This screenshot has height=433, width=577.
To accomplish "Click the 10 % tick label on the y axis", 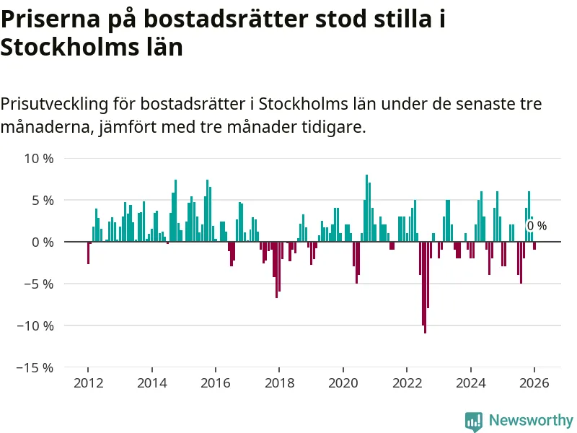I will pos(39,158).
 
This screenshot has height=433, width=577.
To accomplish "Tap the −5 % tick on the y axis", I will pos(39,284).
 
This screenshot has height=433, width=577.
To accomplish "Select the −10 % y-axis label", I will pos(35,325).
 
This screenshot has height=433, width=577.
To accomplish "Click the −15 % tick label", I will pos(35,367).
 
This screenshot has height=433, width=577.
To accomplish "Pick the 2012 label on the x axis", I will pos(88,383).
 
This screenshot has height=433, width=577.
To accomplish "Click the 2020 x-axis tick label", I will pos(343,383).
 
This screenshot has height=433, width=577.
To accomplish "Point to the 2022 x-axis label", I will pos(407,383).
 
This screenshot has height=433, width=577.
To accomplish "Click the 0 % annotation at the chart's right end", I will pos(537,226).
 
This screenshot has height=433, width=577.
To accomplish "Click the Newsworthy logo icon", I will pos(474,421).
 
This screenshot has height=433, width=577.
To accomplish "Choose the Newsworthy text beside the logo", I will pos(531,420).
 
